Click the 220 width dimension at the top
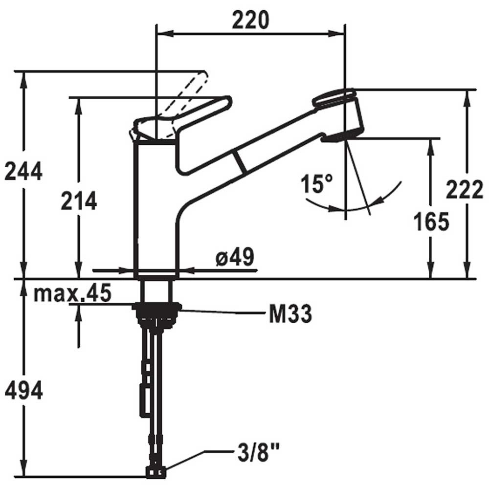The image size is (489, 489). tap(250, 21)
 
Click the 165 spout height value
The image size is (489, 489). tap(431, 222)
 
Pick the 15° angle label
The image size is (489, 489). tap(317, 184)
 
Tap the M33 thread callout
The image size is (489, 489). tap(290, 315)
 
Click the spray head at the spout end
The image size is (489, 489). tap(340, 115)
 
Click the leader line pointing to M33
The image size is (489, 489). tap(220, 311)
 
